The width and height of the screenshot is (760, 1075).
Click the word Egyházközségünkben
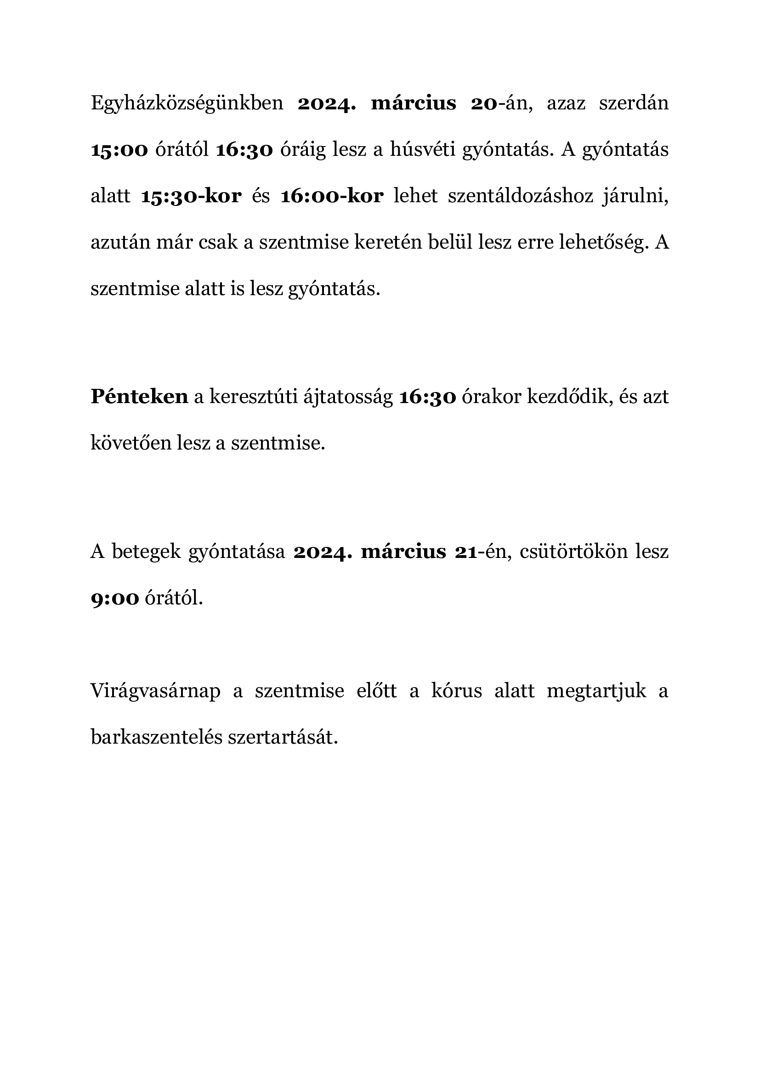(x=187, y=103)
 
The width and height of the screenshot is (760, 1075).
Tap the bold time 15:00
(x=119, y=150)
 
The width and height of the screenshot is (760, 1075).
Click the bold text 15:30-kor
(x=191, y=196)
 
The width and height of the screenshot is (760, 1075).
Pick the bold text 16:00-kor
(x=332, y=196)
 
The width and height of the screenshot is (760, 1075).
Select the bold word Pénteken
(x=139, y=397)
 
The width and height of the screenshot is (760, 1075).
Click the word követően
(x=131, y=443)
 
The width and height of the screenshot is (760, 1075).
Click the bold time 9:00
(x=115, y=598)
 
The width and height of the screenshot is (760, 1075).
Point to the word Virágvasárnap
(x=155, y=691)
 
